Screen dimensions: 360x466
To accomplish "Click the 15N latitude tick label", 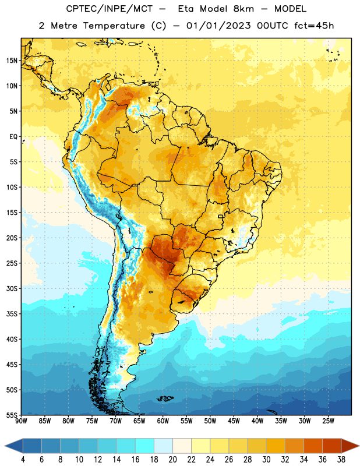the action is pos(12,61).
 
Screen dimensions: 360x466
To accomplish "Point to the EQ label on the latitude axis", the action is pos(13,137).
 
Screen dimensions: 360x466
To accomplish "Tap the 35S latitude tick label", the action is pos(12,314).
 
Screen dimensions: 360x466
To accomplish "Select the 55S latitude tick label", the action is pos(12,415).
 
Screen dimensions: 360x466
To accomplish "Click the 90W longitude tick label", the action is pos(21,421).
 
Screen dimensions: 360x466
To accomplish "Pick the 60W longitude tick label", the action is pos(163,421).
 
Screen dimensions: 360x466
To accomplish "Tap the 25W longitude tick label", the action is pos(328,421).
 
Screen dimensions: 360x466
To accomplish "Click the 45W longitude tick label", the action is pos(234,421).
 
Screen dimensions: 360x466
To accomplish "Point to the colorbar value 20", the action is pos(172,460).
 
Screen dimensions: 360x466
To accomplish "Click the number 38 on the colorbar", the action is pos(341,460).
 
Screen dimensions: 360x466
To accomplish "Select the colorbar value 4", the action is pos(23,460).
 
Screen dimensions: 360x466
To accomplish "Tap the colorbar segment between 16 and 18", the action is pos(144,446).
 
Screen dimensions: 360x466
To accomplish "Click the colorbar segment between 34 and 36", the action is pos(313,446).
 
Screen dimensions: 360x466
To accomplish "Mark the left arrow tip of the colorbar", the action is pos(5,446).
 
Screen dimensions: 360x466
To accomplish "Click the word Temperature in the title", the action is pos(114,26).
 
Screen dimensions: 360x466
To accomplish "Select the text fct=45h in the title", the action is pos(314,26).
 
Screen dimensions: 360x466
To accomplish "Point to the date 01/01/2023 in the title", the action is pos(218,26).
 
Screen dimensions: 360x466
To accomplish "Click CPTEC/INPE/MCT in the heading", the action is pos(109,9).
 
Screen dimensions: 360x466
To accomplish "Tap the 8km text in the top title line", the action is pos(243,9).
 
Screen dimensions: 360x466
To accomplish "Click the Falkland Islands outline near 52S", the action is pos(165,398).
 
